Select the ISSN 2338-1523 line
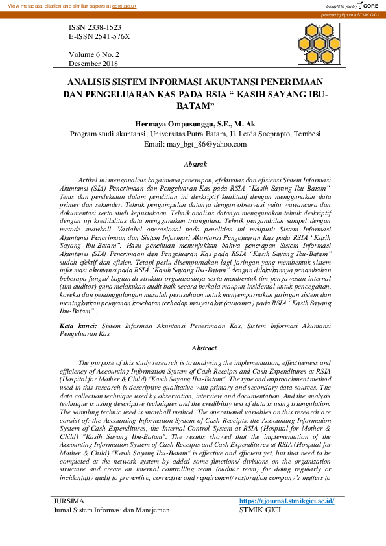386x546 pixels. tap(95, 29)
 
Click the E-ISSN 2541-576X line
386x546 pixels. tap(99, 38)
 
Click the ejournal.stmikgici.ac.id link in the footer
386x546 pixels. tap(286, 501)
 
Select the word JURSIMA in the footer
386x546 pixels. tap(69, 501)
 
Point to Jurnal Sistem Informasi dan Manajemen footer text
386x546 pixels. tap(111, 510)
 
